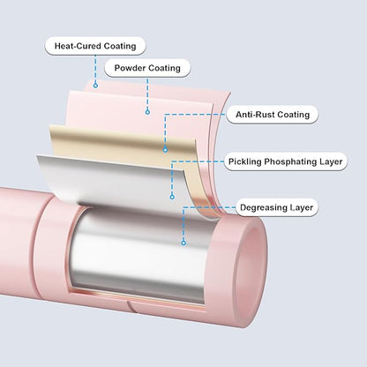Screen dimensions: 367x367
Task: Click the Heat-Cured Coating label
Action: pos(95,46)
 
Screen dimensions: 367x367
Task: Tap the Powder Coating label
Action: pos(147,68)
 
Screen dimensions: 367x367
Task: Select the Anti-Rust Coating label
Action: pos(273,115)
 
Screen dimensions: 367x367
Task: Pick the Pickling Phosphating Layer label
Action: pos(285,161)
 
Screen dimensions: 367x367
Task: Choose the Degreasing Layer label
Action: pos(276,207)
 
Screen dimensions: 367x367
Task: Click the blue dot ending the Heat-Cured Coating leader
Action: pos(95,86)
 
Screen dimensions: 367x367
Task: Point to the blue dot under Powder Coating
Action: pos(147,112)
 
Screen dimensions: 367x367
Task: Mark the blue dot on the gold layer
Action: pos(165,150)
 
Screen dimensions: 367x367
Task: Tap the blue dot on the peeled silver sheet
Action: pos(172,197)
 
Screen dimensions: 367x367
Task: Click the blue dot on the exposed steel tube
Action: pos(183,243)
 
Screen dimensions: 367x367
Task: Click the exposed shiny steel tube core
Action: pos(139,253)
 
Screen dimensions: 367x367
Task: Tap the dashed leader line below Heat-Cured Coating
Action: pos(95,69)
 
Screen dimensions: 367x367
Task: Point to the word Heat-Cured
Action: pos(78,46)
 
